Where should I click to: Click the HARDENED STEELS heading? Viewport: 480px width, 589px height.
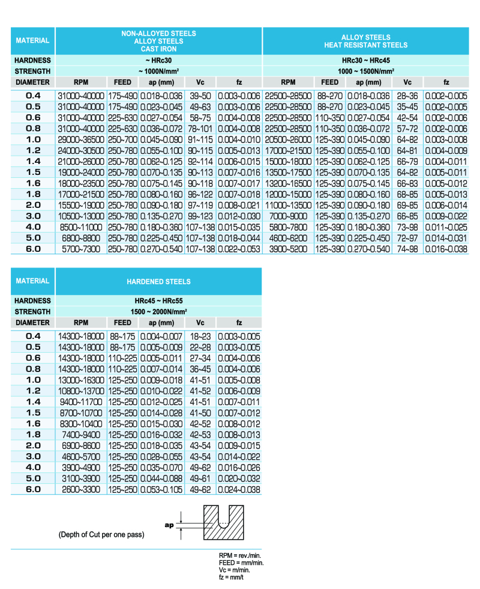point(158,281)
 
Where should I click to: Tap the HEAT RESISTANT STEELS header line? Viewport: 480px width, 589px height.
point(365,45)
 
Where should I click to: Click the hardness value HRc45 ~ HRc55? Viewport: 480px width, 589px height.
point(158,301)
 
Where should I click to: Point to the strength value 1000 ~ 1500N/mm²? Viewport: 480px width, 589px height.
point(365,71)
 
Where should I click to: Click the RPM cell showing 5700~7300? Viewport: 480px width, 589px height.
point(81,249)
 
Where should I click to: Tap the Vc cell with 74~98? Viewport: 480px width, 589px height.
point(407,249)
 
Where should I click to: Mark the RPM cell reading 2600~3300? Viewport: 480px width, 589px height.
point(81,490)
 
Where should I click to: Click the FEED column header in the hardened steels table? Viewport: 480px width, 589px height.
point(122,322)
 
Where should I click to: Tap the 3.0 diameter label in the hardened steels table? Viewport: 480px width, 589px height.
point(33,457)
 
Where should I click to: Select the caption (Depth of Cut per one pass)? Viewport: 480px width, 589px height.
point(101,534)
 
